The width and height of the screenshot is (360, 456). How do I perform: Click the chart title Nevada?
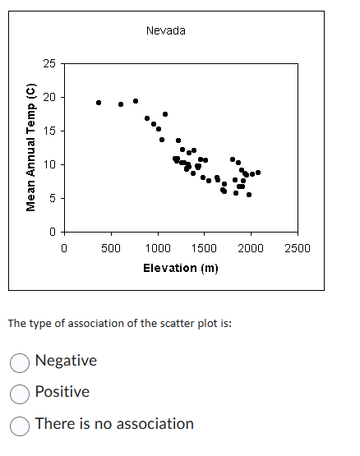165,30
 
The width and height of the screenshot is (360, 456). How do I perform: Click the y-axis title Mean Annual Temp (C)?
32,147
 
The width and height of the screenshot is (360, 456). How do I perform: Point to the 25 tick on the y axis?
50,63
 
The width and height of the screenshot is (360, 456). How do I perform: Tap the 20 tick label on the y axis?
50,97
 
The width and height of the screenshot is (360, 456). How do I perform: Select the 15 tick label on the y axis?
50,131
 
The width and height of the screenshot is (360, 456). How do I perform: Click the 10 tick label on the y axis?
50,164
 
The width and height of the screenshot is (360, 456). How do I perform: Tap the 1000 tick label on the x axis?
158,247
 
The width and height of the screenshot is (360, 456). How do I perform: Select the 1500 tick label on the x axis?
205,247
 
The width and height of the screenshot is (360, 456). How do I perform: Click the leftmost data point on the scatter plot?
99,103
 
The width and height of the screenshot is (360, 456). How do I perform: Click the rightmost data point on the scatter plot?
258,172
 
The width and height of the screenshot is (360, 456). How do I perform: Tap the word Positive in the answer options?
62,392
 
